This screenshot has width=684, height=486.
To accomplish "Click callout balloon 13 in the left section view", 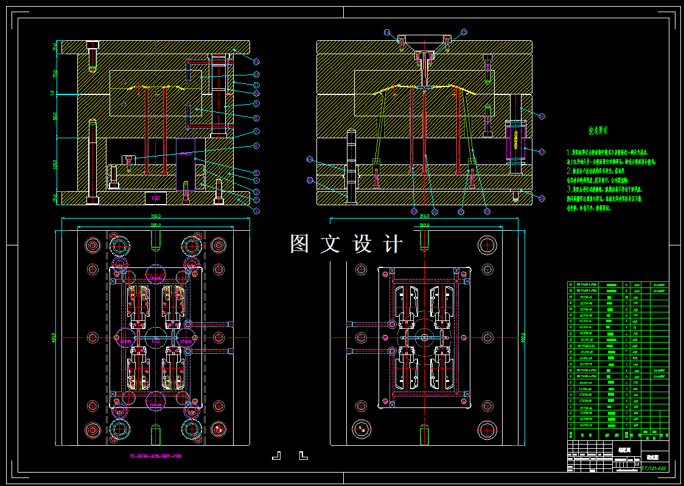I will coord(257,62).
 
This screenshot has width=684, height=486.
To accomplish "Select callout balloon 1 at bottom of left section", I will coord(256,210).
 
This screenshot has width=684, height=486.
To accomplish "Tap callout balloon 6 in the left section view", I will coord(256,146).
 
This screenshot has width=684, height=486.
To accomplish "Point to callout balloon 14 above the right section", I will coord(387,32).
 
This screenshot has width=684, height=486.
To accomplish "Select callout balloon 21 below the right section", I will coord(461,212).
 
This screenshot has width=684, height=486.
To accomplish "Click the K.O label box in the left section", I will coord(155,198).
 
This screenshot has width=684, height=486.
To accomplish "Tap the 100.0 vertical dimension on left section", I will coord(54,166).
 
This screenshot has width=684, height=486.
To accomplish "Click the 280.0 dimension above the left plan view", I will coord(156,225).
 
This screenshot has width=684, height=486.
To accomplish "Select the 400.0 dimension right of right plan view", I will coord(522,337).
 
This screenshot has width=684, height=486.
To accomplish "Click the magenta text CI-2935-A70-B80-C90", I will coord(155,456).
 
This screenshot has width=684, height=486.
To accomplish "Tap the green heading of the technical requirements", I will coord(598,130).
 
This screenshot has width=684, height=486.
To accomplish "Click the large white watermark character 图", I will coord(301,244).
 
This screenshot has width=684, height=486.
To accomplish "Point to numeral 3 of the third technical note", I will coord(568,189).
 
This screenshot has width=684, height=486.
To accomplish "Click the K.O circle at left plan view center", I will coord(156,337).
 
